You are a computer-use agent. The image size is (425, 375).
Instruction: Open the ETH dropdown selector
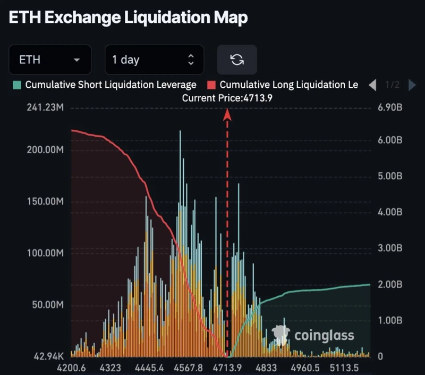[x=50, y=60]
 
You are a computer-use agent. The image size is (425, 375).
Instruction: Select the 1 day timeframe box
[x=154, y=60]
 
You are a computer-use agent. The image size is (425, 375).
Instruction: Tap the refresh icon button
[x=237, y=60]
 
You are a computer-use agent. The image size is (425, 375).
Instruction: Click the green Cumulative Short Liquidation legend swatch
[x=18, y=85]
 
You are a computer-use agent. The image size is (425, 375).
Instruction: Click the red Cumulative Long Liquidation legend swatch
[x=211, y=85]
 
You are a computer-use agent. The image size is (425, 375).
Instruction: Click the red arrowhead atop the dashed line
[x=227, y=113]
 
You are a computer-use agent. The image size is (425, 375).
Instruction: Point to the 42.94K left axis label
[x=48, y=356]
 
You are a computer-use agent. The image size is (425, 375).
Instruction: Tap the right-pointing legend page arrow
[x=412, y=85]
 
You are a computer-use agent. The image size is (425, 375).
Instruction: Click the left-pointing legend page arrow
[x=373, y=85]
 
